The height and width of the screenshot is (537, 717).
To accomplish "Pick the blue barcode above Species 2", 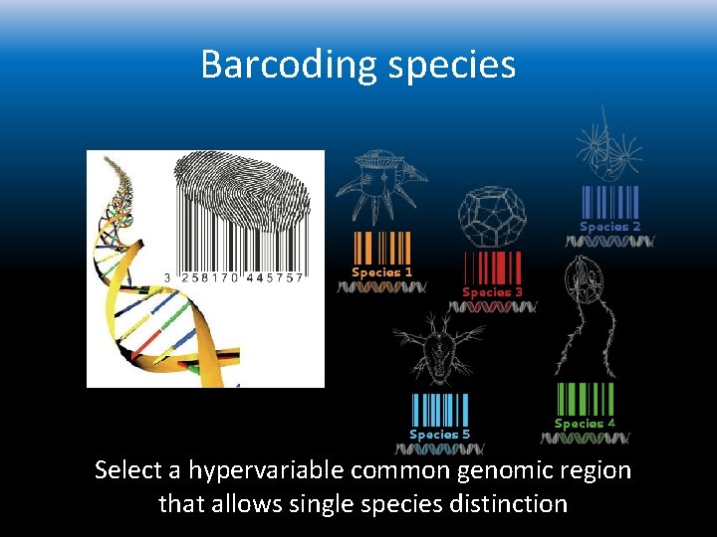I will coord(608,202).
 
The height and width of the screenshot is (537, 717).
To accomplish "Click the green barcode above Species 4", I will coord(586,399).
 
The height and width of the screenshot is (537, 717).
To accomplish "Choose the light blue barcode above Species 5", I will coord(440,410).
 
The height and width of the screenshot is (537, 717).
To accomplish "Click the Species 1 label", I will coord(381,271).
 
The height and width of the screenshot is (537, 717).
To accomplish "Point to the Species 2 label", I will coord(609,227).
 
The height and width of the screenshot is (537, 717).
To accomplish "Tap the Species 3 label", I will coord(492,292).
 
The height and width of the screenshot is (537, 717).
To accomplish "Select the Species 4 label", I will coord(585,424).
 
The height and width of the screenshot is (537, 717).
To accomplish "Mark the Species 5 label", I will coord(439,434).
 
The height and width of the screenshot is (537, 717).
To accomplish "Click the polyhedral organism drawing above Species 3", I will coord(489,216).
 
